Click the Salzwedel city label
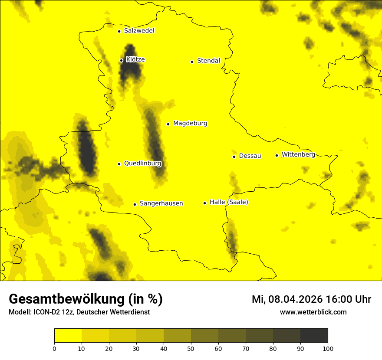click(139, 31)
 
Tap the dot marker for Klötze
click(121, 60)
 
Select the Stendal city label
click(208, 61)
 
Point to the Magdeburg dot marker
click(168, 124)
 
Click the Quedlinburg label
click(142, 164)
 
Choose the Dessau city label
click(250, 156)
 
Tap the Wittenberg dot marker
click(277, 155)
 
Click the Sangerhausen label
click(161, 203)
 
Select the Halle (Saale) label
click(229, 202)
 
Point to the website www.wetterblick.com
click(313, 312)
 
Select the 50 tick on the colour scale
click(191, 348)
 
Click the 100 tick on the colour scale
click(328, 348)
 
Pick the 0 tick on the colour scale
click(54, 348)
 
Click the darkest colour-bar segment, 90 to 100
click(314, 335)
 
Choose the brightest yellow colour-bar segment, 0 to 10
click(68, 335)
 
